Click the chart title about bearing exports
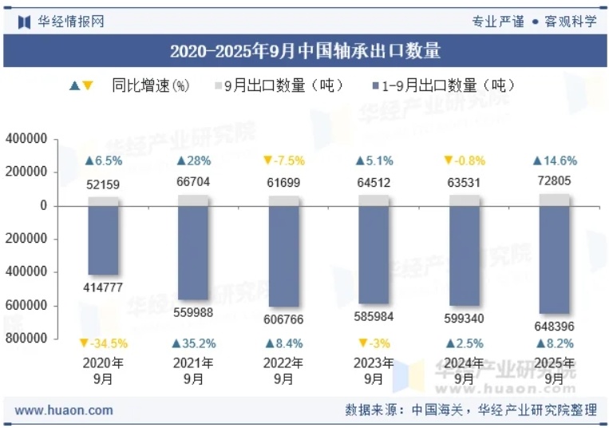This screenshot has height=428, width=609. tap(305, 52)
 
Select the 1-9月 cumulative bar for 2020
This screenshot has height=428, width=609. tap(104, 240)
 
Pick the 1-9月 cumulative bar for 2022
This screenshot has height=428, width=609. tap(283, 256)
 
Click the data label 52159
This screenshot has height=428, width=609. tap(104, 185)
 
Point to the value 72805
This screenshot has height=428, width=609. tap(554, 181)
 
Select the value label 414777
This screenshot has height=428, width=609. tap(104, 287)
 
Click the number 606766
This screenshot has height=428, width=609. tap(283, 319)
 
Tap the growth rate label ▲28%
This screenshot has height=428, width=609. tap(193, 160)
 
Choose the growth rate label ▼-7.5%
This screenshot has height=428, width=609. tap(283, 160)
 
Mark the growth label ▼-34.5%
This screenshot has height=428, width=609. tap(104, 343)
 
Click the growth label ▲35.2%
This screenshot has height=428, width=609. tap(193, 343)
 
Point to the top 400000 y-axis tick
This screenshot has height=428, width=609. tap(26, 139)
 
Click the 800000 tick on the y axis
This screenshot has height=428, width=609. tap(26, 339)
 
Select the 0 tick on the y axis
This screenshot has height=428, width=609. tap(44, 205)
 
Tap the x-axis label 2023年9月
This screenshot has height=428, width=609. tap(374, 371)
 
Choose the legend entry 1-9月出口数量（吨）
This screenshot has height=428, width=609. tap(442, 85)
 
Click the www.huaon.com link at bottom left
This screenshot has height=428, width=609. tap(64, 410)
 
